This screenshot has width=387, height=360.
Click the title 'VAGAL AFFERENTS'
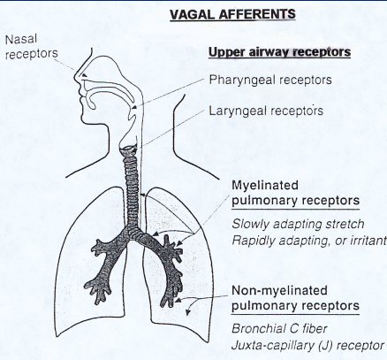pos(232,14)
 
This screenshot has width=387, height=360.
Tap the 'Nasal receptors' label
pos(31,47)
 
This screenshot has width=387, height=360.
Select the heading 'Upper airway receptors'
pos(279,52)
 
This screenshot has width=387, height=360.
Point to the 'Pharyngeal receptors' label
pos(270,80)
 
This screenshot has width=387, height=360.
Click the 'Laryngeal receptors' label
pos(266,111)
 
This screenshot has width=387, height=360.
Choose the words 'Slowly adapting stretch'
pos(298,225)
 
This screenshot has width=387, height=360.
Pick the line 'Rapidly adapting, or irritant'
pos(309,241)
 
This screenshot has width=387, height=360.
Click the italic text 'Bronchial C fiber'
pos(279,329)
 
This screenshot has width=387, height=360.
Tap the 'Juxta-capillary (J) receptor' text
pos(307,346)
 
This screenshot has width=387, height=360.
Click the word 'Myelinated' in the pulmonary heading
pos(265,186)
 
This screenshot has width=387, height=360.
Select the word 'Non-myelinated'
pos(279,291)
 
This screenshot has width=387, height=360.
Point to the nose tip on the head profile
pos(75,78)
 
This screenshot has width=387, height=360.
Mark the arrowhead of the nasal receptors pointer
pos(84,75)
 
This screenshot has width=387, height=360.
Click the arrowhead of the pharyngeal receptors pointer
pos(133,108)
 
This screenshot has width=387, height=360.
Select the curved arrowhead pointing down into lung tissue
pos(187,312)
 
